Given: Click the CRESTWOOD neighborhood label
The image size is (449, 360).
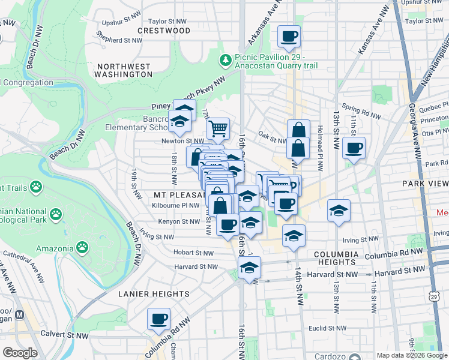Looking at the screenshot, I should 164,30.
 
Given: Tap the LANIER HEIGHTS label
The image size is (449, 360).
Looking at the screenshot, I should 154,294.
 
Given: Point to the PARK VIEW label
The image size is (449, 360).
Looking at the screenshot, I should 427,183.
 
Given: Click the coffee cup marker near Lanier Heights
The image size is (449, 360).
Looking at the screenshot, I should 159,319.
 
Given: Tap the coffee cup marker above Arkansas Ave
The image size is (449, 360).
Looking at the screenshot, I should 289,37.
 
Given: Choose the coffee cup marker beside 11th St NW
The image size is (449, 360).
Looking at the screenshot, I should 354,148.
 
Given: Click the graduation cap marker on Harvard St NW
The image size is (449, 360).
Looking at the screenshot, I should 249,268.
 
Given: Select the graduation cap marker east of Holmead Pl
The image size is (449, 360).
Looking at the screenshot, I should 339,211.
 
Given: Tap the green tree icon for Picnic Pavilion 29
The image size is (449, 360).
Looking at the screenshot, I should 226,59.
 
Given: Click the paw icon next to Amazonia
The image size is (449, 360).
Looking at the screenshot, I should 82,247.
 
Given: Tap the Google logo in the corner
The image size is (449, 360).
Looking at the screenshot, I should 20,353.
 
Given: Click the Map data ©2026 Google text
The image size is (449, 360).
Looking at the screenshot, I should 412,355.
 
